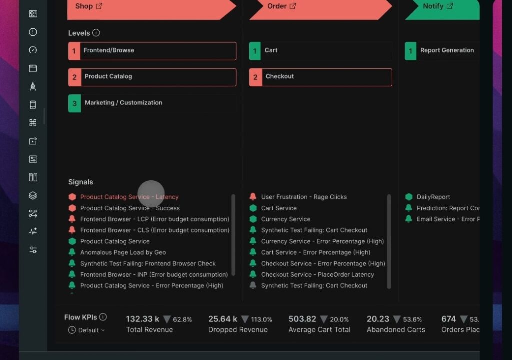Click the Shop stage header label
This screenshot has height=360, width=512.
tap(84, 6)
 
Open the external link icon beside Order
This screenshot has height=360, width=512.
tap(293, 6)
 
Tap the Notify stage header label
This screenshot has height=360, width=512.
tap(433, 6)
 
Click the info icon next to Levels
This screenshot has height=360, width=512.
tap(96, 33)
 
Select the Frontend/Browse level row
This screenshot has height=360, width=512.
tap(152, 51)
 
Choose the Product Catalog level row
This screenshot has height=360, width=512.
tap(152, 77)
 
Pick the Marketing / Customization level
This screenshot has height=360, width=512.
tap(152, 103)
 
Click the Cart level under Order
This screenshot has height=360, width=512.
tap(320, 51)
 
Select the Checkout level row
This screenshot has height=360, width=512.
tap(320, 77)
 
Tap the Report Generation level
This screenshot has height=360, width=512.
tap(442, 51)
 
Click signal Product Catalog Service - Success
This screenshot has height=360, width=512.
tap(130, 208)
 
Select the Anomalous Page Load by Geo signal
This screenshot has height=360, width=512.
tap(123, 252)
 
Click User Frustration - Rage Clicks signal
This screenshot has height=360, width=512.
tap(303, 197)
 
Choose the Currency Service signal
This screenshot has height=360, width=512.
tap(285, 219)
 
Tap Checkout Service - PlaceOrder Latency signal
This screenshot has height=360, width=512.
tap(317, 274)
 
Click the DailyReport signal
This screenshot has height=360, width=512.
tap(433, 197)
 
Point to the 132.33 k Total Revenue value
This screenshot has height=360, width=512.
tap(143, 319)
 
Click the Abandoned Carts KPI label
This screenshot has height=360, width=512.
tap(396, 330)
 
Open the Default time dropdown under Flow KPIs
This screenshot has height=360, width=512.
tap(88, 330)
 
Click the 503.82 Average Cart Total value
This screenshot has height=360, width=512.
tap(302, 319)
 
